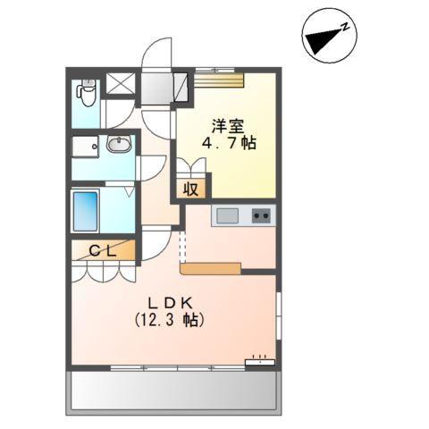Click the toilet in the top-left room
click(x=87, y=90)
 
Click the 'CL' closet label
click(x=102, y=251)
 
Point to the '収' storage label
click(x=191, y=189)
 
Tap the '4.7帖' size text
click(x=231, y=143)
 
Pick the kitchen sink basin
click(x=226, y=215)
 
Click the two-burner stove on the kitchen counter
click(x=260, y=215)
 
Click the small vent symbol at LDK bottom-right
click(x=260, y=361)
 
